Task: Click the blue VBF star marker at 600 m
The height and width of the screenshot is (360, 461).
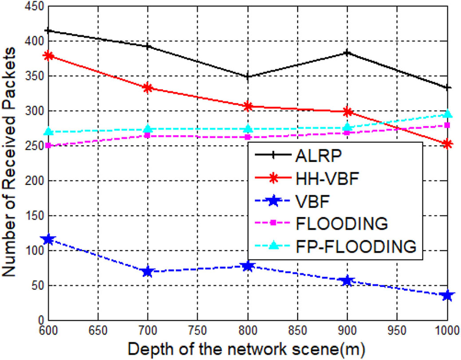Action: pos(48,240)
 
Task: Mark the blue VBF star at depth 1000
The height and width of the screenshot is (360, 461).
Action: pos(447,295)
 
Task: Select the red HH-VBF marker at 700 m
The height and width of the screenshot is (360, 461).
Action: pos(148,88)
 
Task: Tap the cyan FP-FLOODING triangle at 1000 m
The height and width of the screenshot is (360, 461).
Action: pos(447,114)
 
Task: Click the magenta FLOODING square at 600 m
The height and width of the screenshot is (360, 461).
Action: pos(48,145)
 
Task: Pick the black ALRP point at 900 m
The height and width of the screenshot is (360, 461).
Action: pos(347,53)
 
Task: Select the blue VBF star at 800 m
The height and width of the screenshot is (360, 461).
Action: pos(248,266)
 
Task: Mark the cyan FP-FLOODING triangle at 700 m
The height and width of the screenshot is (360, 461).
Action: pos(148,129)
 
